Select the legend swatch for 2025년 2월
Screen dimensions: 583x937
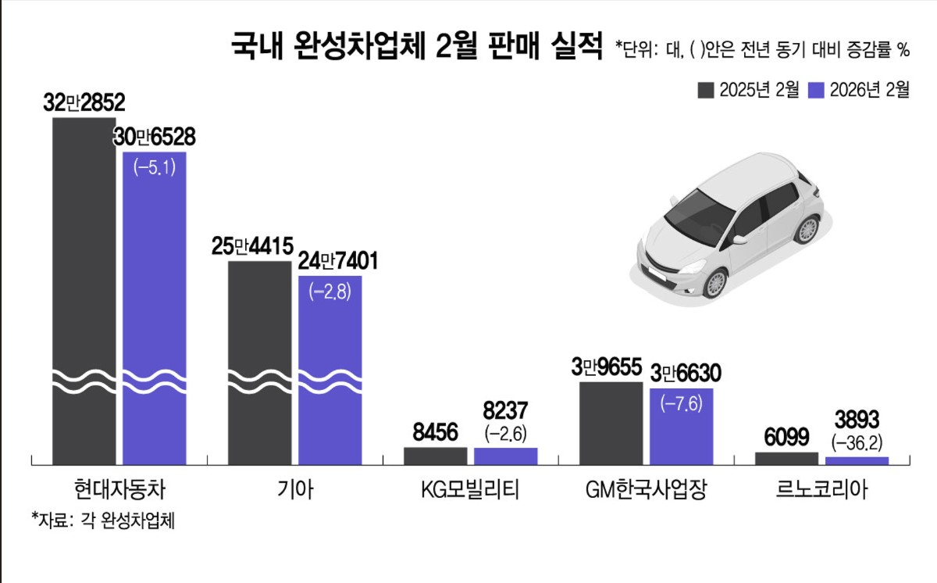pyautogui.click(x=706, y=90)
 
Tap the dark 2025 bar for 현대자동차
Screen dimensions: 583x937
pyautogui.click(x=84, y=289)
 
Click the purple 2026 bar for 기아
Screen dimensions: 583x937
pyautogui.click(x=330, y=367)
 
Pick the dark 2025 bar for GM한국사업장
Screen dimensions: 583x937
pyautogui.click(x=611, y=423)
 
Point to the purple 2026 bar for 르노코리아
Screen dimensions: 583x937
pyautogui.click(x=857, y=460)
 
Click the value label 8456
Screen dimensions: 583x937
pyautogui.click(x=435, y=432)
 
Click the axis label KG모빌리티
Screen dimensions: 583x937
pyautogui.click(x=470, y=490)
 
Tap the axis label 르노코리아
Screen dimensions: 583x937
pyautogui.click(x=821, y=490)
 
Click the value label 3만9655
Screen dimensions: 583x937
pyautogui.click(x=611, y=367)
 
